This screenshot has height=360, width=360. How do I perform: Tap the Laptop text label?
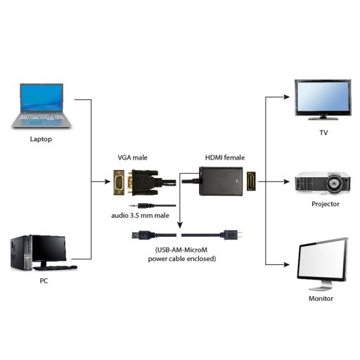[x=41, y=139]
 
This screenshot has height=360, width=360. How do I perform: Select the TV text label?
[x=323, y=132]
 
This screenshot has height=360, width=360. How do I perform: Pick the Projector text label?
[x=325, y=204]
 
